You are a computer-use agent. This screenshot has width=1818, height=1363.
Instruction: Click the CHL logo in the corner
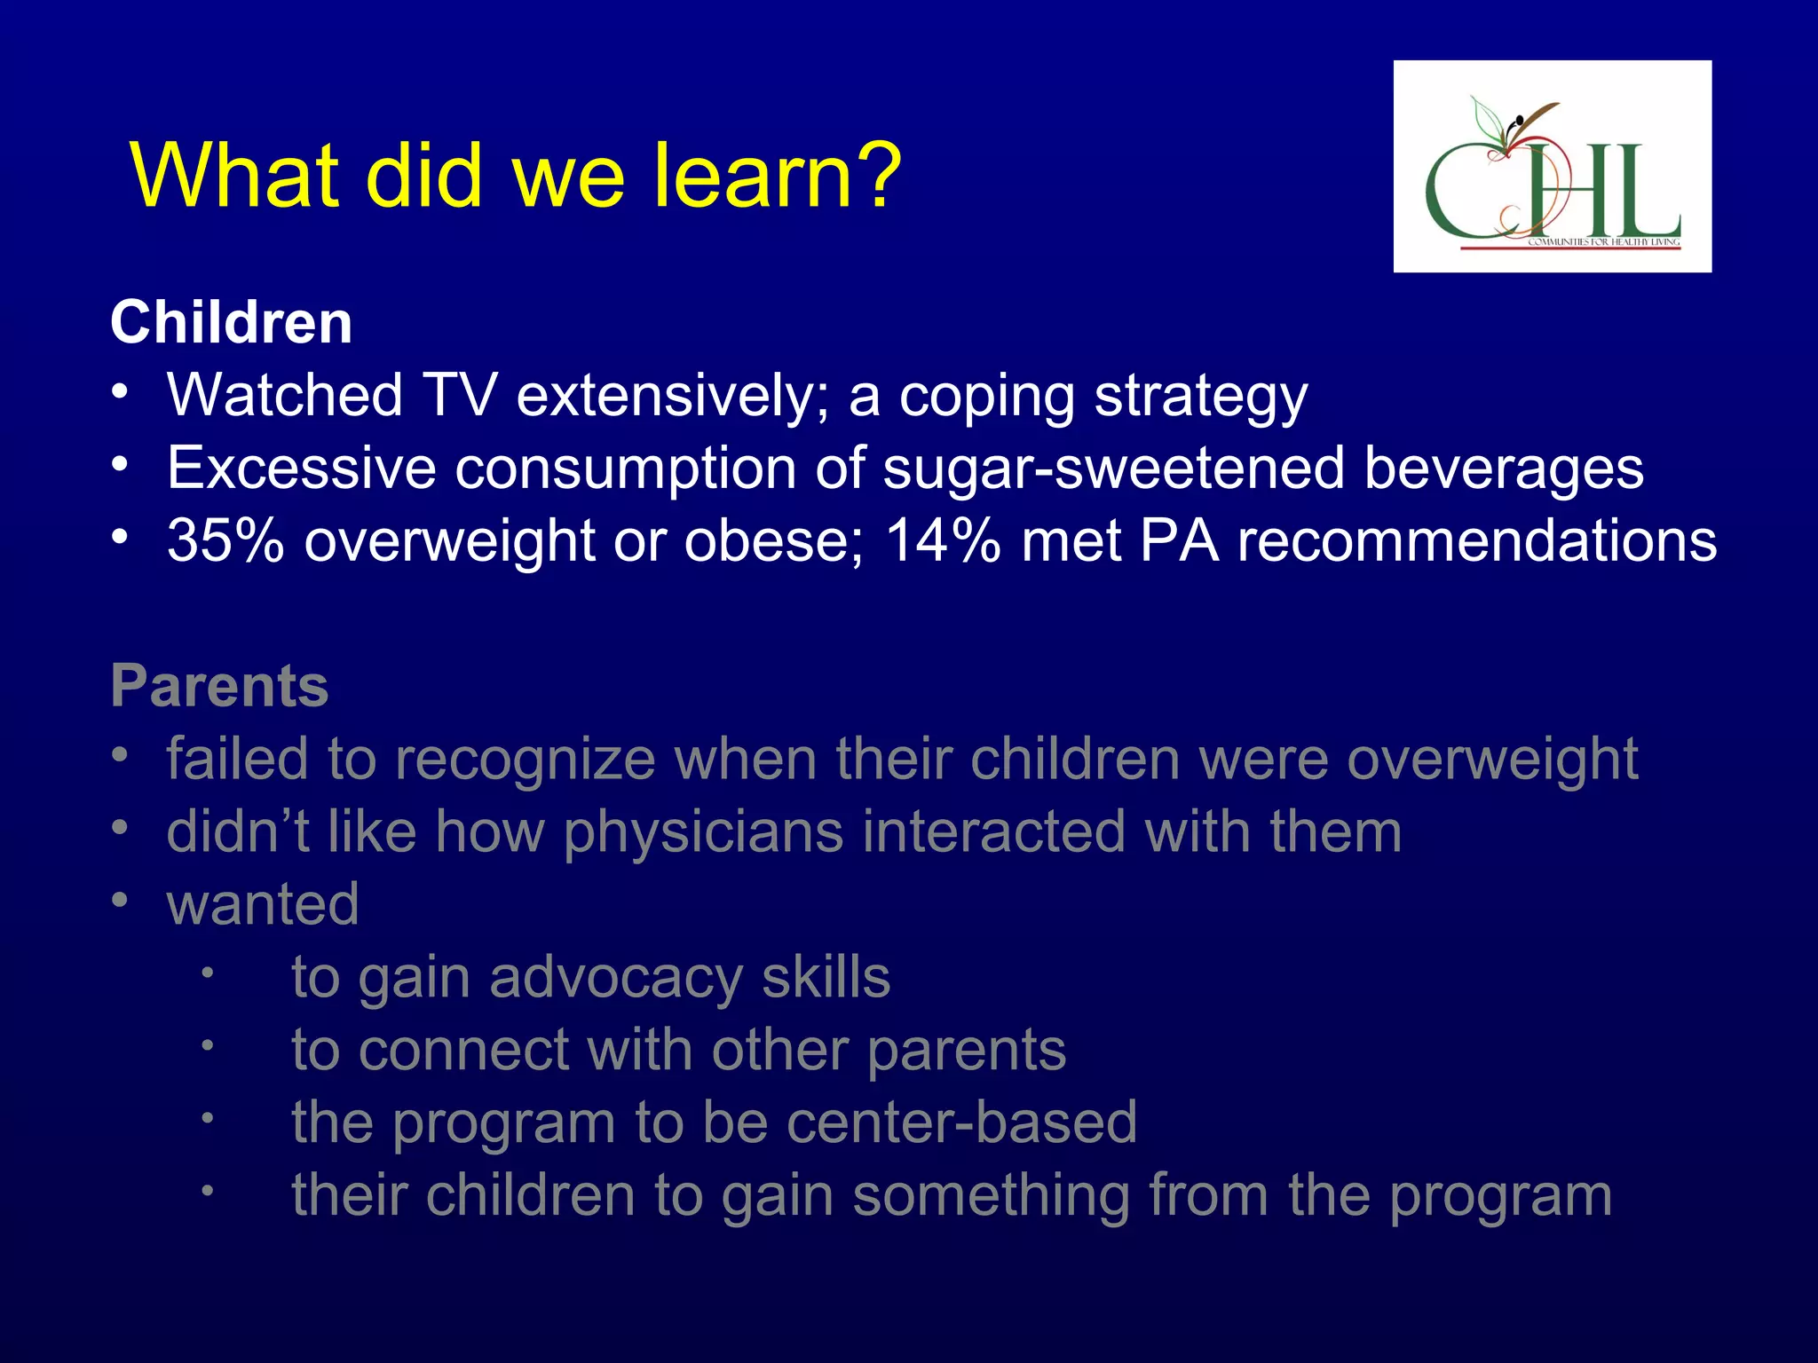coord(1552,167)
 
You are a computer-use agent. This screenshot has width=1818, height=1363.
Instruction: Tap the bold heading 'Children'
coord(231,322)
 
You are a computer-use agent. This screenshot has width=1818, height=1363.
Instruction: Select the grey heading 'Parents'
coord(219,686)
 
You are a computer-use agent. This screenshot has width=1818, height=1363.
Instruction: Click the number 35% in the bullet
coord(225,540)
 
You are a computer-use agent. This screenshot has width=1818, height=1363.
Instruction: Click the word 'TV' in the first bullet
coord(459,395)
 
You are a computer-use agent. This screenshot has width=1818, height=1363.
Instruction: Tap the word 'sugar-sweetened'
coord(1113,469)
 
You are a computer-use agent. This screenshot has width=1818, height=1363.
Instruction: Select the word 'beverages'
coord(1503,469)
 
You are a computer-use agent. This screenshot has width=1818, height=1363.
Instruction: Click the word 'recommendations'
coord(1477,540)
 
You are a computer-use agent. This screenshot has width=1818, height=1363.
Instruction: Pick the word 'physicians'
coord(703,832)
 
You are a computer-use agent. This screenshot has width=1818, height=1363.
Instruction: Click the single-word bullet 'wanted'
coord(263,904)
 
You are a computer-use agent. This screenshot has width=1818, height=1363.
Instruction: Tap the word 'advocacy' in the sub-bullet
coord(615,977)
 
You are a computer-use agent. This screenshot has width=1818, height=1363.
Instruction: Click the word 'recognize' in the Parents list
coord(526,760)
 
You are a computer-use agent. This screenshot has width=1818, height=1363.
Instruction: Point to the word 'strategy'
coord(1200,397)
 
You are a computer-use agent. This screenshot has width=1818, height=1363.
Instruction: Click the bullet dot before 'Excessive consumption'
coord(121,464)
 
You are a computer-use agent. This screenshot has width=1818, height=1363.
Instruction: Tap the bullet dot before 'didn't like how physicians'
coord(121,828)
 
